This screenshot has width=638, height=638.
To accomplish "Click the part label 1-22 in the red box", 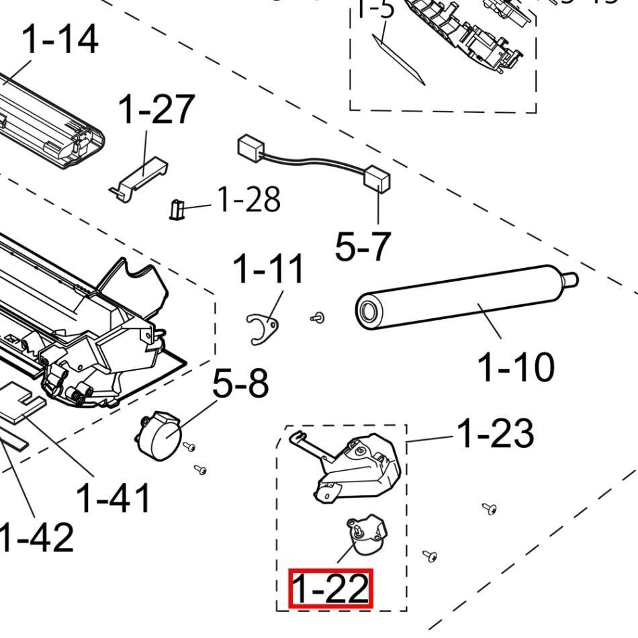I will coord(330,588).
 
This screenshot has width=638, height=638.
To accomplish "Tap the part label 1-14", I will coord(60,40).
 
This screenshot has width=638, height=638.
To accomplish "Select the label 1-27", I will coord(156,109).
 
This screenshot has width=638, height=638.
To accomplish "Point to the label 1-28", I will coord(248,199).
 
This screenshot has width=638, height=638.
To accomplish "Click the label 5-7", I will coord(363,246).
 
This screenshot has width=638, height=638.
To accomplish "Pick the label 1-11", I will coord(269,270).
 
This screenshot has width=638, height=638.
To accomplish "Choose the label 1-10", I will coord(516,367).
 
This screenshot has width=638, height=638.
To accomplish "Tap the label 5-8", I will coord(240,384).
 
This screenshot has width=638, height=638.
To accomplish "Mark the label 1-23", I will coord(496,433).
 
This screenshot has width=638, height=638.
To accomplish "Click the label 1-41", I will coord(113,498).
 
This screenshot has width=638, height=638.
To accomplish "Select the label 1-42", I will coord(37,537).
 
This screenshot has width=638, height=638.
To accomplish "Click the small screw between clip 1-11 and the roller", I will coord(317,318).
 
